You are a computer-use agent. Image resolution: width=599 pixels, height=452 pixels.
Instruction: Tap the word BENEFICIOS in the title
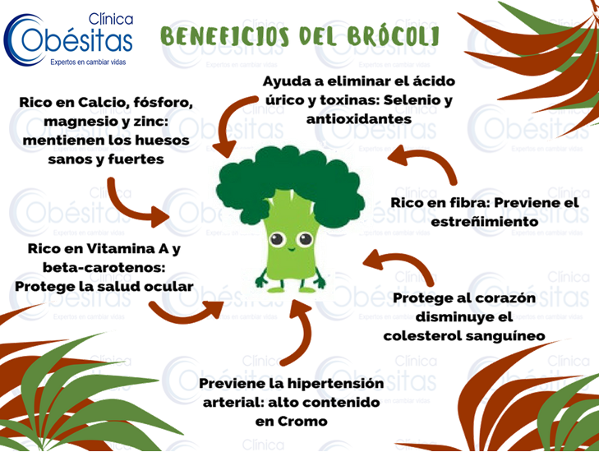[224, 36]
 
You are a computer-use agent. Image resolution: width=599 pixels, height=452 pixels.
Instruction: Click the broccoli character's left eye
[276, 240]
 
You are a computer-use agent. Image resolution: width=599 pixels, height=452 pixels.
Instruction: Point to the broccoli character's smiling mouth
[291, 250]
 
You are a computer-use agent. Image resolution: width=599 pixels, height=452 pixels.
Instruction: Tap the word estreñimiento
[485, 222]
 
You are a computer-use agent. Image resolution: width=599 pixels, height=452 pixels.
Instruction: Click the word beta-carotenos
[104, 267]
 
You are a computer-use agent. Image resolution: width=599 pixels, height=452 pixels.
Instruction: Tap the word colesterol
[419, 336]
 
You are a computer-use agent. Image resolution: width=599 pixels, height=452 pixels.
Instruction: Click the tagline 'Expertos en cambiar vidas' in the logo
[88, 62]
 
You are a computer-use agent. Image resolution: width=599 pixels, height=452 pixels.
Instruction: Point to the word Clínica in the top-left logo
[111, 19]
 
